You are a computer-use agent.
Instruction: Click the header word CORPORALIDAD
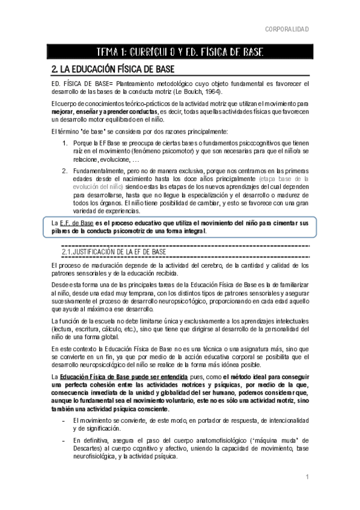(x=287, y=29)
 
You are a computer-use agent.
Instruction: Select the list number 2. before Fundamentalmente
(x=65, y=171)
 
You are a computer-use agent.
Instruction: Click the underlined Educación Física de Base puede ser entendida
(x=112, y=376)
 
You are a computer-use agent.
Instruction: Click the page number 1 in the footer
(x=307, y=477)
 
